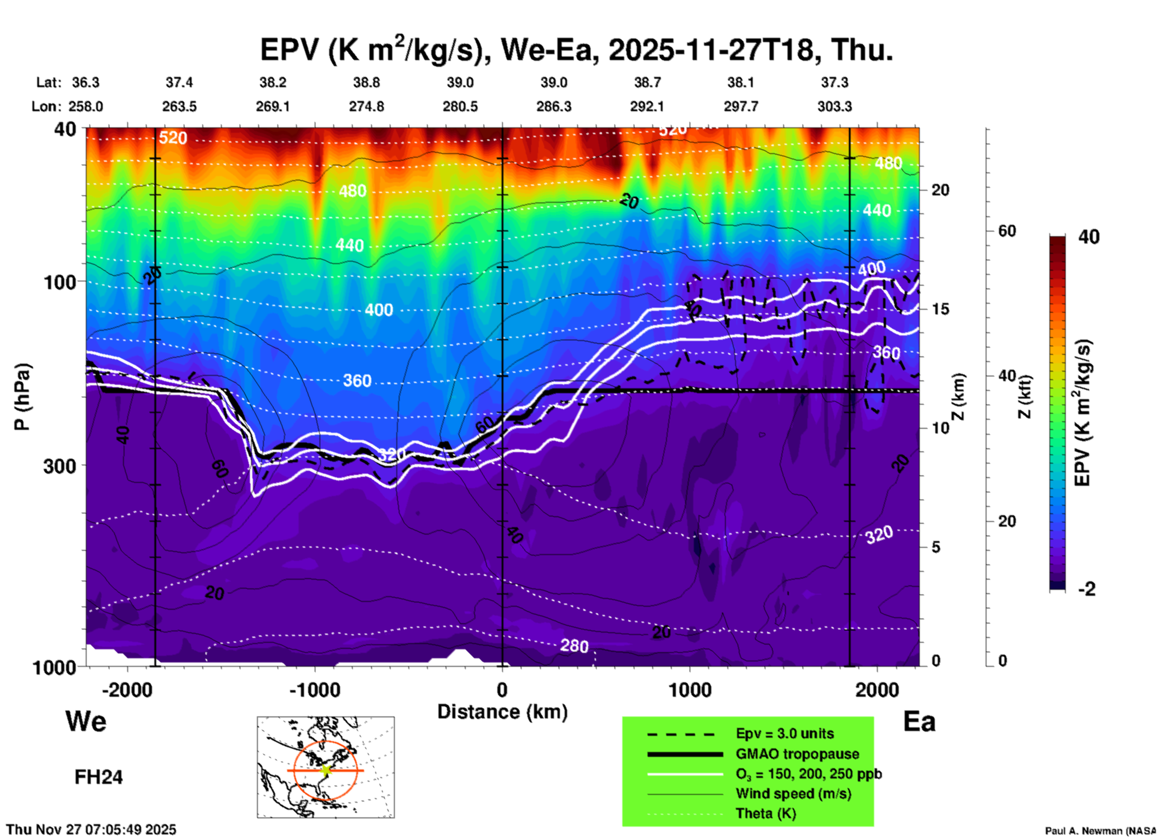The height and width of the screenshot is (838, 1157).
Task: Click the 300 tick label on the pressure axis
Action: tap(59, 466)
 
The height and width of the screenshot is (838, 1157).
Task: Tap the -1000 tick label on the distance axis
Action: tap(314, 690)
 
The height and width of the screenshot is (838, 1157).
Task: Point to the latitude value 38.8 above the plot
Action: tap(366, 82)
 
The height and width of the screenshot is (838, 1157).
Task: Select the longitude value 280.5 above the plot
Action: tap(460, 106)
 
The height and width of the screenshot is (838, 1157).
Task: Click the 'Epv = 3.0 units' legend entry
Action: tap(785, 733)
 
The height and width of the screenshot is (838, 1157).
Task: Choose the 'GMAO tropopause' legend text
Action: tap(797, 754)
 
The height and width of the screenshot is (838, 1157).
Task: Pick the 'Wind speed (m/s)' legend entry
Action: tap(793, 794)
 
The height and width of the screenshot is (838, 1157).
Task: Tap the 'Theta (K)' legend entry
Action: tap(765, 813)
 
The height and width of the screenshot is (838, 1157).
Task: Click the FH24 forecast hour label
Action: tap(99, 777)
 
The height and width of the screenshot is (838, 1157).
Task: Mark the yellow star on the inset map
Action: tap(326, 770)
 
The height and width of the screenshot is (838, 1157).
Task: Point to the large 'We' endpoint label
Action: tap(86, 721)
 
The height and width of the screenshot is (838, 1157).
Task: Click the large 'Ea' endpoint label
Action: tap(919, 721)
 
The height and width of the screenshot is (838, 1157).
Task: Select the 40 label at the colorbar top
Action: tap(1089, 237)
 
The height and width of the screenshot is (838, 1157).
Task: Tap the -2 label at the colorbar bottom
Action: tap(1087, 589)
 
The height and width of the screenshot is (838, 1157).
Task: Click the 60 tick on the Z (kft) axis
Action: tap(1007, 231)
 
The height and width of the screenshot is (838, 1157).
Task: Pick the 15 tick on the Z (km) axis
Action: tap(940, 309)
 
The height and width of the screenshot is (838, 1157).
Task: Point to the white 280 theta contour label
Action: tap(574, 646)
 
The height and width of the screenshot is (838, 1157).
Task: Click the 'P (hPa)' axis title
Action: tap(22, 397)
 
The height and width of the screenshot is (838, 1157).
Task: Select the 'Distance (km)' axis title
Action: tap(502, 712)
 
